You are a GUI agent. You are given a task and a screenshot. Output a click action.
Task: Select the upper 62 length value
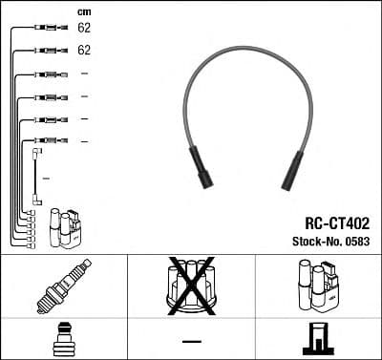(84, 30)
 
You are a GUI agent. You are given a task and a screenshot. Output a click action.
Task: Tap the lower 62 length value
(84, 50)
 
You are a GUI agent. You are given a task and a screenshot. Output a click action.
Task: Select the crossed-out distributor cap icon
(191, 286)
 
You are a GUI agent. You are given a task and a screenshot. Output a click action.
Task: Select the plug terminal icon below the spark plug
(63, 341)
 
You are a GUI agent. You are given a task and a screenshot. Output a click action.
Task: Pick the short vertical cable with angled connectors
(36, 175)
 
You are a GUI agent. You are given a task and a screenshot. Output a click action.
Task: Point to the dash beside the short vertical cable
(46, 179)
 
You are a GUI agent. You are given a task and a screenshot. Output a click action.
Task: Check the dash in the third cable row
(84, 74)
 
